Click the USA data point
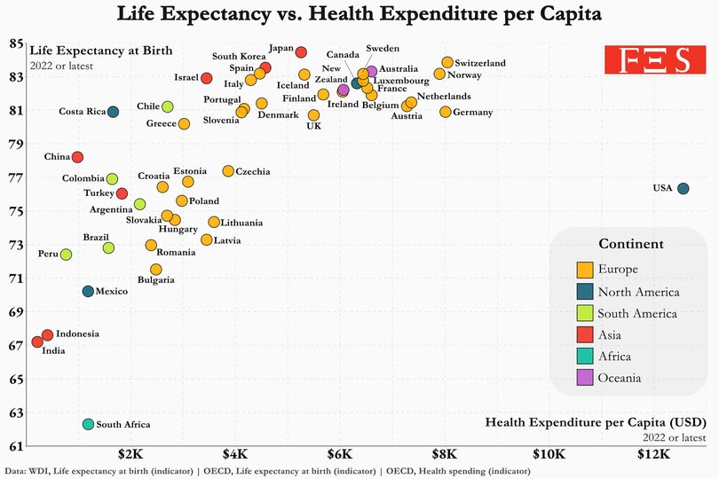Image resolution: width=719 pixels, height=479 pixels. click(683, 188)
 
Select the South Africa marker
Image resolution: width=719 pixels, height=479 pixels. click(88, 425)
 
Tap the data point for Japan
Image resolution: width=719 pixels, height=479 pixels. click(301, 52)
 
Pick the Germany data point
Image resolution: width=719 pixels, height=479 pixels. click(446, 112)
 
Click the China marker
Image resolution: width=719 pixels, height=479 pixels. click(77, 157)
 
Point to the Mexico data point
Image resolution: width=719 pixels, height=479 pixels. click(88, 291)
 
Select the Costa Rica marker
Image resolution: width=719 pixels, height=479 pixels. click(113, 112)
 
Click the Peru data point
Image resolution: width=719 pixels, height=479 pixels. click(66, 255)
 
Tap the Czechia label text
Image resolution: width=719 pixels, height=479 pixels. click(253, 172)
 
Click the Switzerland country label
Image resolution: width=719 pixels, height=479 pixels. click(480, 64)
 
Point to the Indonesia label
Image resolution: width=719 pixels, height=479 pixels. click(77, 334)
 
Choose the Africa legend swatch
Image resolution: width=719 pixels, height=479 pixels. click(585, 357)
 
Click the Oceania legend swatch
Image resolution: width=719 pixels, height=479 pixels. click(585, 378)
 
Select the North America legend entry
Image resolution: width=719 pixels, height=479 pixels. click(638, 292)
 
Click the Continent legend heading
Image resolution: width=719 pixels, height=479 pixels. click(630, 244)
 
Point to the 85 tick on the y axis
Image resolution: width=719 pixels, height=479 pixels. click(17, 43)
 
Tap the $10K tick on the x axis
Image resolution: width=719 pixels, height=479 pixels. click(548, 454)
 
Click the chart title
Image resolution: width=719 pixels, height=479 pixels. click(359, 15)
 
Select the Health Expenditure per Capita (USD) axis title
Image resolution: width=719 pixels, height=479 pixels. click(596, 423)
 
